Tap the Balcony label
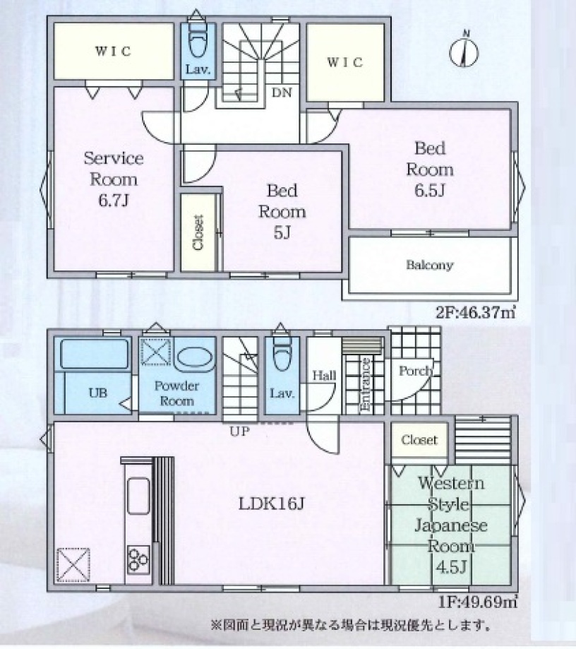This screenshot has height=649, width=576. (429, 265)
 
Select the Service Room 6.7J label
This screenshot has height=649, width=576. (114, 179)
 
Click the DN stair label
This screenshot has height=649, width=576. (282, 93)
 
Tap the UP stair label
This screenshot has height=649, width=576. (240, 431)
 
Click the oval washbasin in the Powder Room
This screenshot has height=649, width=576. (195, 357)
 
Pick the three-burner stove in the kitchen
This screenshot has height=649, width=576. (138, 559)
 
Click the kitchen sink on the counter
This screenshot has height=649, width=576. (138, 496)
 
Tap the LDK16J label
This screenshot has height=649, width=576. (271, 504)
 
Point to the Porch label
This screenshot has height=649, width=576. (416, 371)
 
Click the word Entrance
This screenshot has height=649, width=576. (366, 384)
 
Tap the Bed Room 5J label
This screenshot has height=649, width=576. (282, 211)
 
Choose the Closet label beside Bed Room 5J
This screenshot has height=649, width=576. (198, 232)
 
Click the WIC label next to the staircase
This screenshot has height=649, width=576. (345, 63)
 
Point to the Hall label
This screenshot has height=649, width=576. (325, 376)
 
